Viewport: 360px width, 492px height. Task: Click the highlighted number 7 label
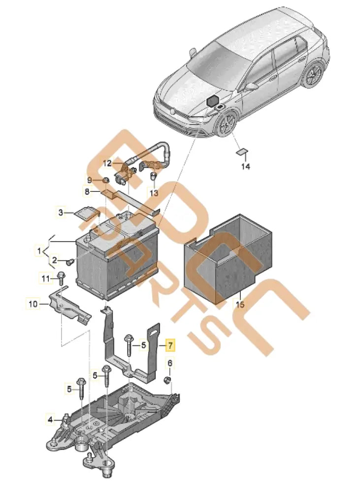click(x=169, y=346)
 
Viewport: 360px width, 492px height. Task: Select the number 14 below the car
click(x=245, y=167)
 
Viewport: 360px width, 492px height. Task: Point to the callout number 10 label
click(x=33, y=304)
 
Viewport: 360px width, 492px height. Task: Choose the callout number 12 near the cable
click(x=108, y=163)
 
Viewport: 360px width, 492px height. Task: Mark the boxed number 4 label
click(x=50, y=420)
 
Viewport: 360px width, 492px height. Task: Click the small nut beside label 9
click(x=105, y=181)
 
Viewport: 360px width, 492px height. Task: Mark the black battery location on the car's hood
click(x=214, y=101)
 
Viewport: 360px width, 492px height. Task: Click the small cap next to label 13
click(x=154, y=177)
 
